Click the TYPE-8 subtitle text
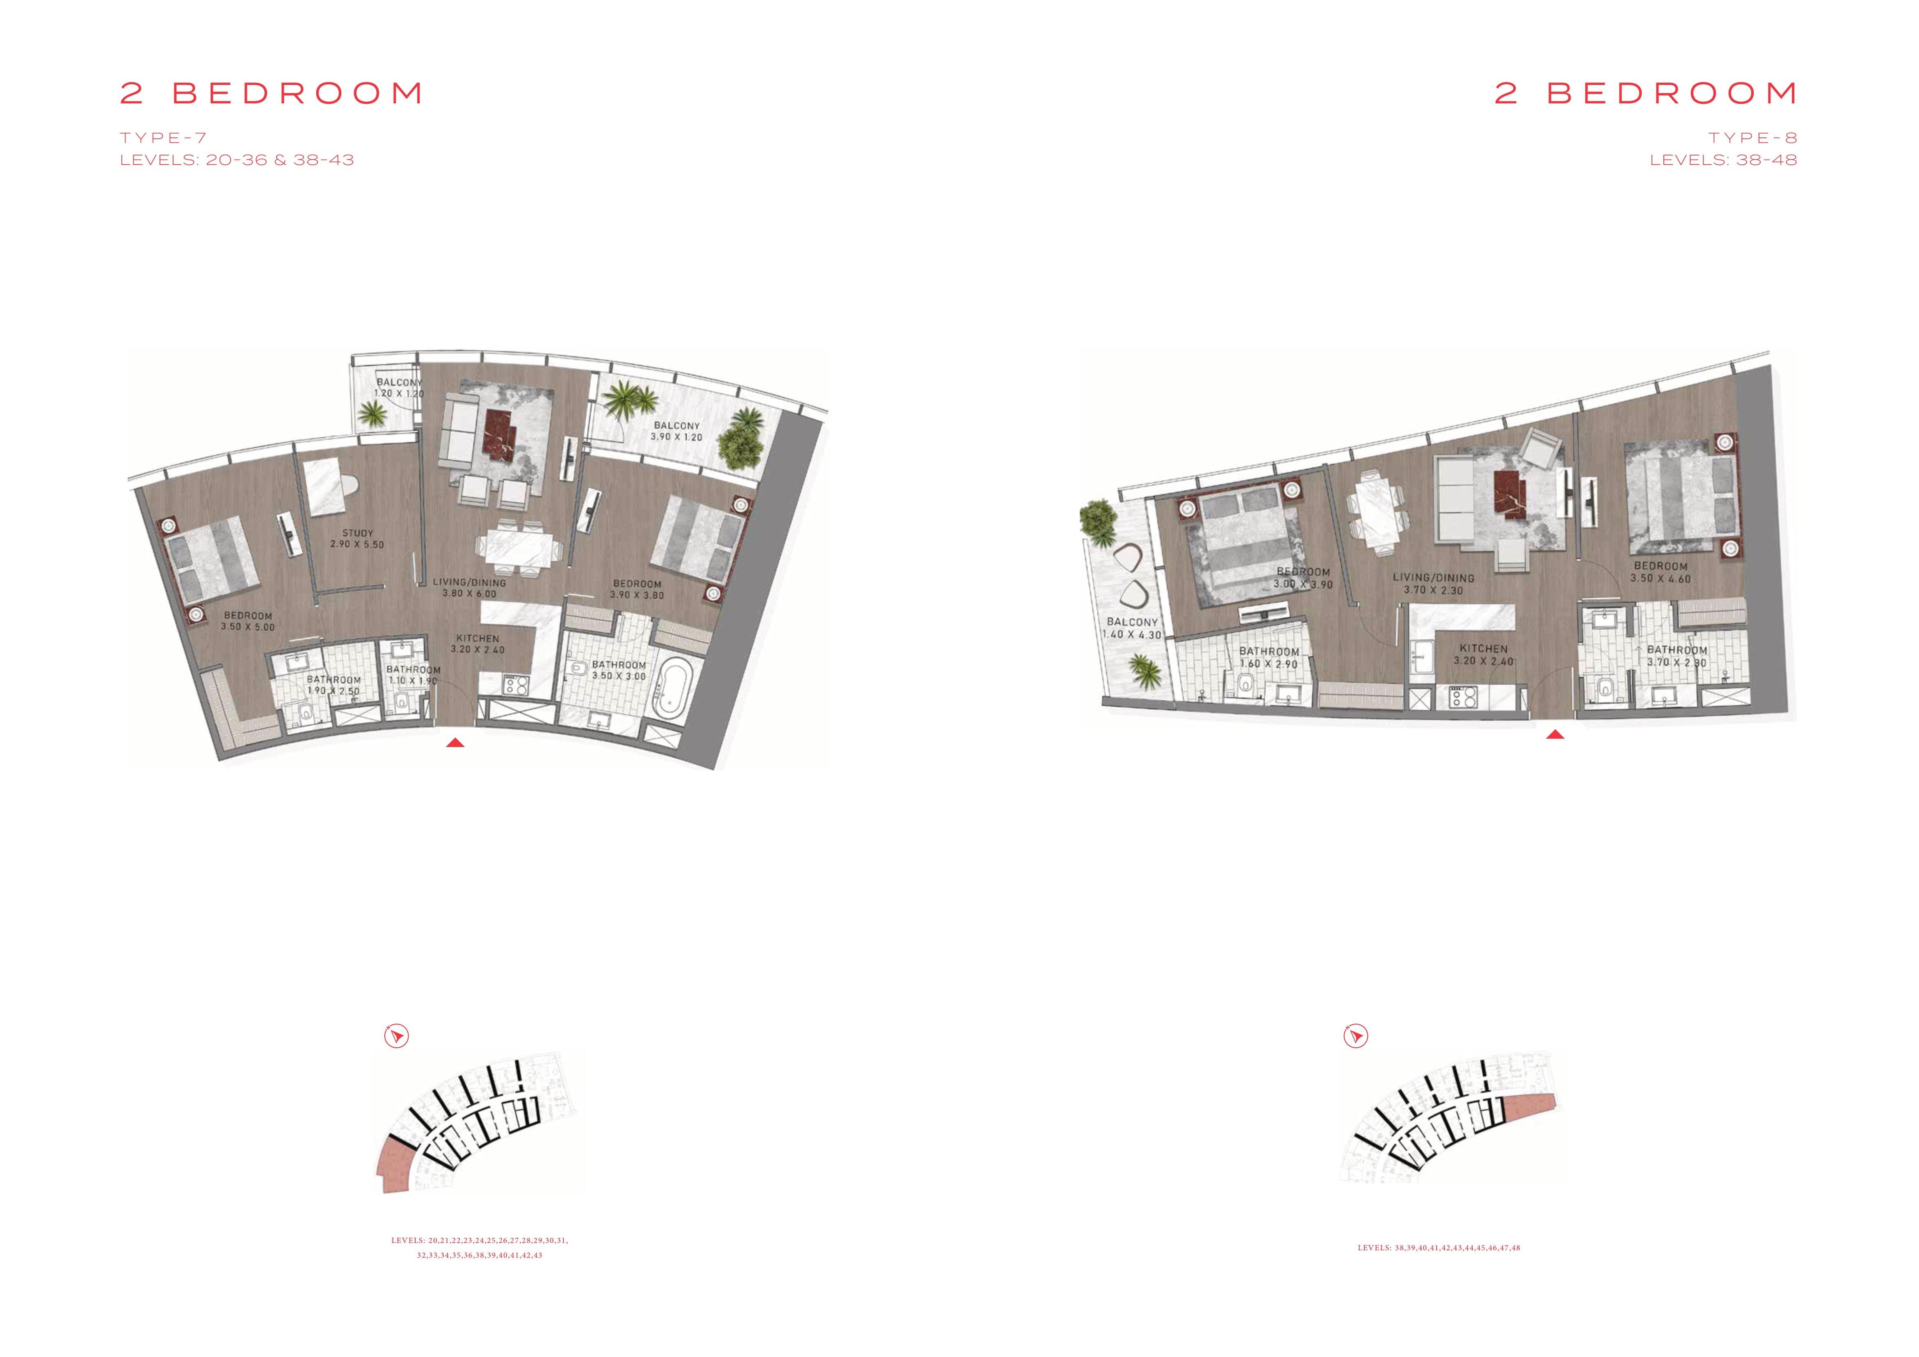(x=1753, y=138)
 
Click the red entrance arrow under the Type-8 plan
(x=1555, y=736)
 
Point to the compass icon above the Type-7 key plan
(x=396, y=1036)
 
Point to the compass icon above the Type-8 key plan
(x=1356, y=1036)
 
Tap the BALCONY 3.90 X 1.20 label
(x=677, y=431)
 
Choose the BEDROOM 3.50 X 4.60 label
(x=1661, y=571)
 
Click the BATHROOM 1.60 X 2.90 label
(x=1269, y=658)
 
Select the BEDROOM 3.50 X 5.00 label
(x=248, y=621)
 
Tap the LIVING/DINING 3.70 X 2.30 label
(x=1433, y=583)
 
